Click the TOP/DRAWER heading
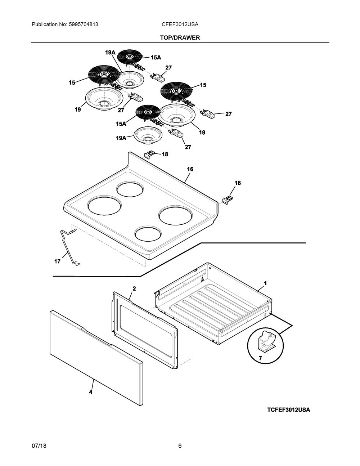pos(180,37)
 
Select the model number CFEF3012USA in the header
pos(180,24)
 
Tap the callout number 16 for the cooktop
pos(190,169)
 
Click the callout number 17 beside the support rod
pos(57,261)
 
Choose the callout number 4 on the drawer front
pos(90,392)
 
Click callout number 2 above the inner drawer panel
pos(134,288)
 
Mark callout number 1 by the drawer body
pos(265,283)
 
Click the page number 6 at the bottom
pos(180,446)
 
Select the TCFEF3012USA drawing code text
pos(288,410)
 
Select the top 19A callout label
pos(110,53)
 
